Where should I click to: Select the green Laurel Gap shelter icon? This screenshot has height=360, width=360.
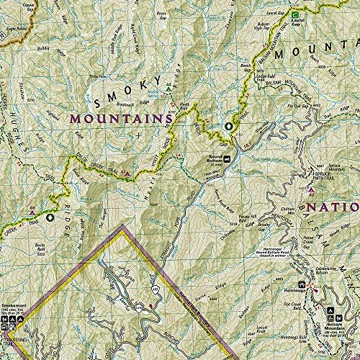pyautogui.click(x=295, y=14)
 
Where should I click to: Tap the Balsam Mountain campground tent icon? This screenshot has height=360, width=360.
pyautogui.click(x=333, y=314)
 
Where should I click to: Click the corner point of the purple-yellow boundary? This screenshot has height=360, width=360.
pyautogui.click(x=122, y=226)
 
